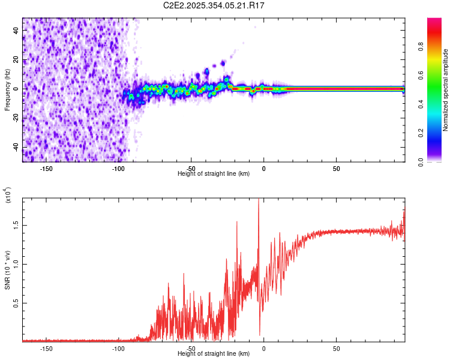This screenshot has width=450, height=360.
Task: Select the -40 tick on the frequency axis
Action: click(x=16, y=148)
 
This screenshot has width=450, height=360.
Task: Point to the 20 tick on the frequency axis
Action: click(x=16, y=59)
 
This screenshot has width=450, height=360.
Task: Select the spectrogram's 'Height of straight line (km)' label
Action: click(x=214, y=173)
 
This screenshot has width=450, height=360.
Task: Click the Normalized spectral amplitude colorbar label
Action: click(x=445, y=90)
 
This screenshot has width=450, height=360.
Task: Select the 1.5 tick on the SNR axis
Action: click(x=16, y=226)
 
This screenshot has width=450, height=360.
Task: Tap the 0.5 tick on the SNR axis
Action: click(x=16, y=304)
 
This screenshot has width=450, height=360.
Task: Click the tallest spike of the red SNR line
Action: click(x=259, y=200)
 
